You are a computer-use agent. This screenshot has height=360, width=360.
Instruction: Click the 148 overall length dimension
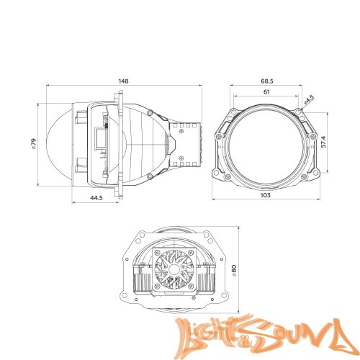point(124,81)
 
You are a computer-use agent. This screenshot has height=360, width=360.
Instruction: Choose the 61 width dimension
point(266,94)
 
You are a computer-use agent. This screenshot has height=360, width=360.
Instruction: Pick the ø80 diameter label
point(234,270)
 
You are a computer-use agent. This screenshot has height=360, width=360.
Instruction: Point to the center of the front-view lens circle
point(266,143)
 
